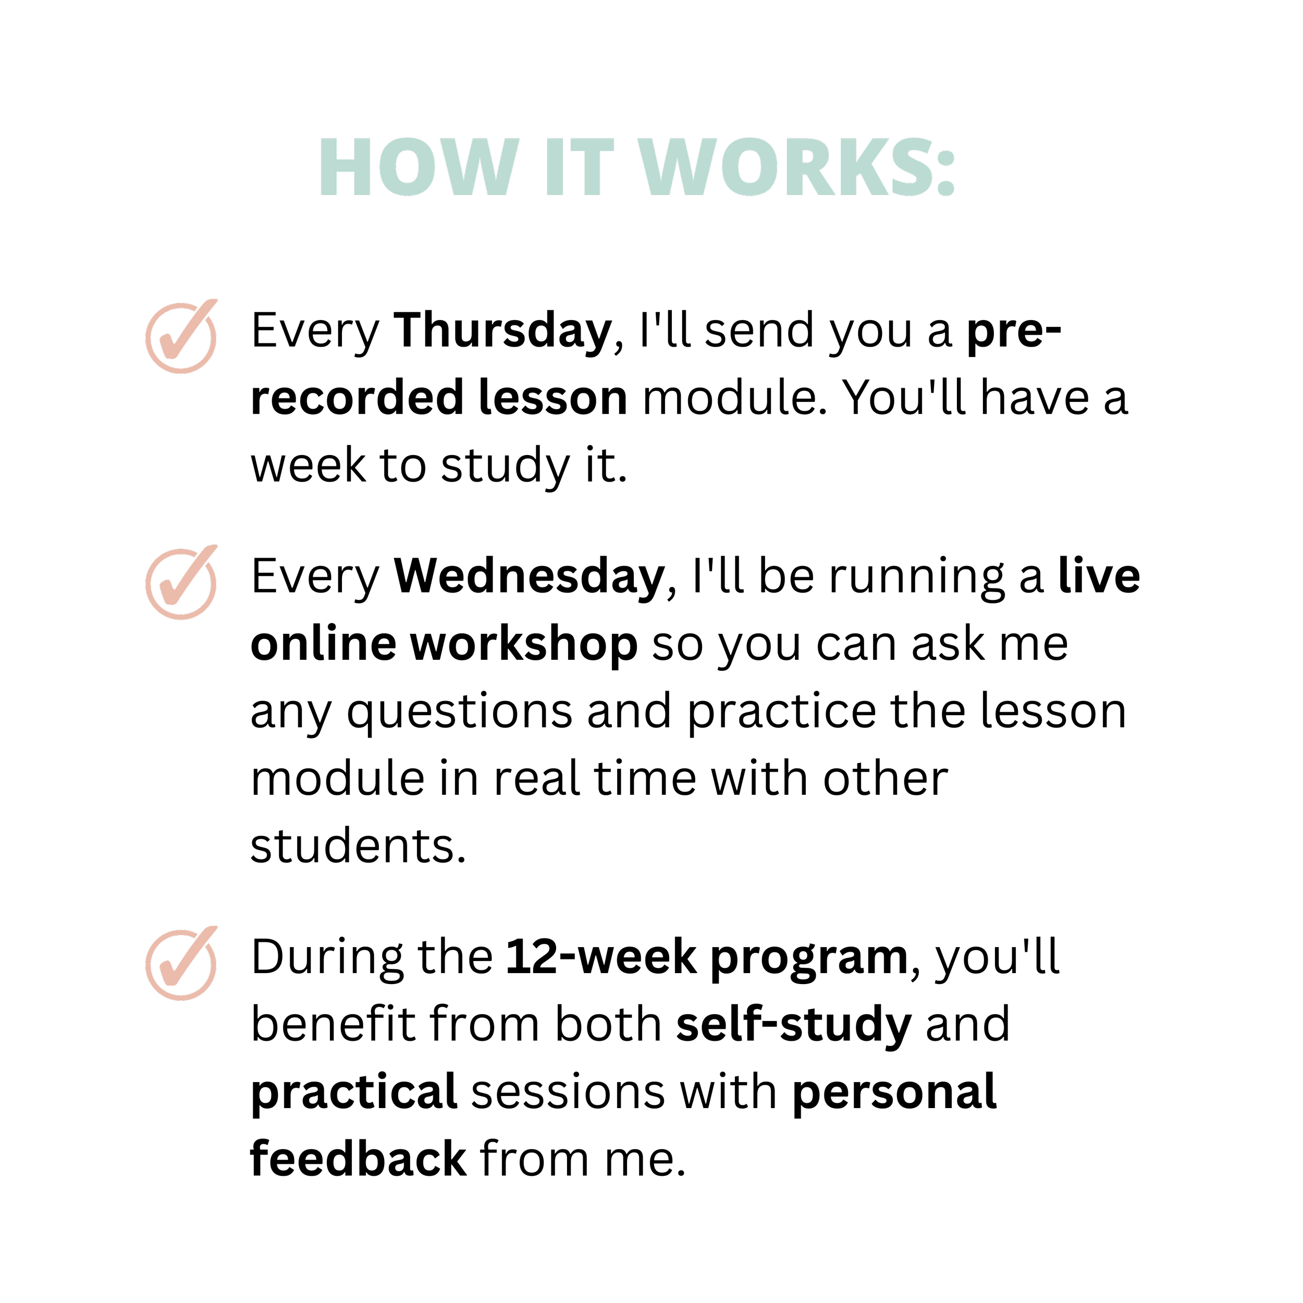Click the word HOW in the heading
click(418, 167)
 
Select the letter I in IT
click(555, 167)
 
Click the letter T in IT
click(592, 167)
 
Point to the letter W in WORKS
click(677, 167)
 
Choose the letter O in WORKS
click(748, 167)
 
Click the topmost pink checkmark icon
click(181, 337)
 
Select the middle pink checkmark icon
click(181, 583)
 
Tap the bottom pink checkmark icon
click(181, 964)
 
